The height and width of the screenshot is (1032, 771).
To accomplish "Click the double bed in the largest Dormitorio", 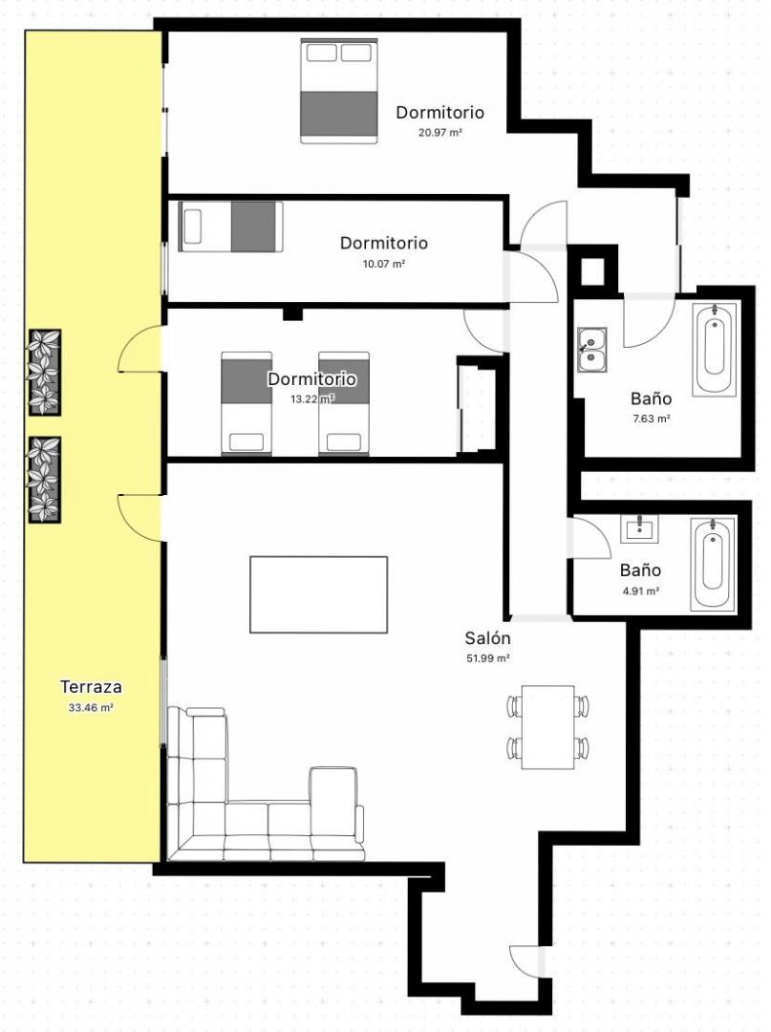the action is point(339,90).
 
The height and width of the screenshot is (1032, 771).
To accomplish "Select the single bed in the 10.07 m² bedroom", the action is point(230,226).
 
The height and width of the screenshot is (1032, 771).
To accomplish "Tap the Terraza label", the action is point(91,686).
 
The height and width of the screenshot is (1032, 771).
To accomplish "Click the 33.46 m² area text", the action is point(91,708).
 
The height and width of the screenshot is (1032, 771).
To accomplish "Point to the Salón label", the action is point(487,637).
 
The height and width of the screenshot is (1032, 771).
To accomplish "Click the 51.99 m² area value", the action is point(488,658).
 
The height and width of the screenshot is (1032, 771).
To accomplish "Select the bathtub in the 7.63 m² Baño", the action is point(715,351).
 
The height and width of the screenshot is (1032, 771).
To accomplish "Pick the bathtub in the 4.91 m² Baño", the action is point(712,562).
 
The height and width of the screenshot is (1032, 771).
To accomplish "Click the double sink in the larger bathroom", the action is point(592,350).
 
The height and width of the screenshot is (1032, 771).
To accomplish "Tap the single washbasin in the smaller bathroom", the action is point(639,527).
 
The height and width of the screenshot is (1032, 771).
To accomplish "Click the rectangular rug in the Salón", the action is point(318,594).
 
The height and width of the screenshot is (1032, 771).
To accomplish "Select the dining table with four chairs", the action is point(548,726).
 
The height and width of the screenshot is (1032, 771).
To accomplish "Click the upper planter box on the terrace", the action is point(45,373).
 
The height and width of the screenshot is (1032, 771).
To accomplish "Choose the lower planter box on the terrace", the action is point(45,481).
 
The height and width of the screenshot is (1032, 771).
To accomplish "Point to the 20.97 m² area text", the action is point(440,132).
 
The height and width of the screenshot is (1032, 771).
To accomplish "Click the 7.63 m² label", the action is point(651,419).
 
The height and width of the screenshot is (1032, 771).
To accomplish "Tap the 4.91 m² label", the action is point(641,591).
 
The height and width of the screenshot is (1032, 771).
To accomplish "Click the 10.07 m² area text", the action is point(384,264).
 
